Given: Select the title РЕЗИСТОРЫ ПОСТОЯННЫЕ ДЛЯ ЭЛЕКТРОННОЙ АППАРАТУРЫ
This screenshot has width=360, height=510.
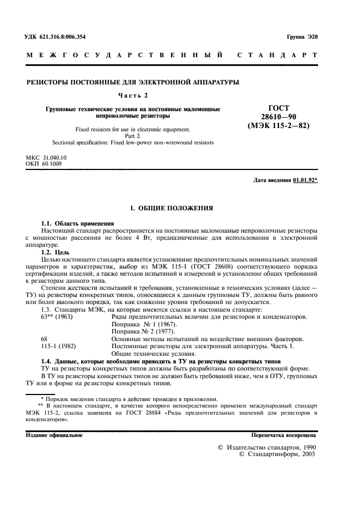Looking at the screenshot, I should pos(133,82).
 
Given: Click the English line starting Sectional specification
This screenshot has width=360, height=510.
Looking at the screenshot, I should pos(133,142).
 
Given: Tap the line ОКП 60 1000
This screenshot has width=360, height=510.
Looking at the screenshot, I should pos(45,163).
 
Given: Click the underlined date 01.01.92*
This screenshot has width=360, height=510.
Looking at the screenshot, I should pos(305,180).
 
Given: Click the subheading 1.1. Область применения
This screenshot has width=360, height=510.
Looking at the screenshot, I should pos(78,224).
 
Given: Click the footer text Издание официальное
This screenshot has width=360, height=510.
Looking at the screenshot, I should pos(54,435).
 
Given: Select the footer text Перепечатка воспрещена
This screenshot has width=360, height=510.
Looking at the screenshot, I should pos(283,435).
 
